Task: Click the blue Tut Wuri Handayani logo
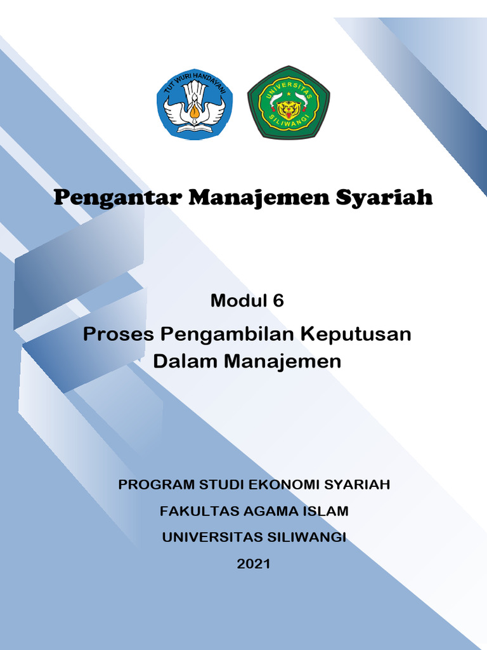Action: (194, 103)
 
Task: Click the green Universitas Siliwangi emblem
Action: (288, 102)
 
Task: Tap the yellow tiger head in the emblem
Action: (289, 109)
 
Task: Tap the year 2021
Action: (254, 564)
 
